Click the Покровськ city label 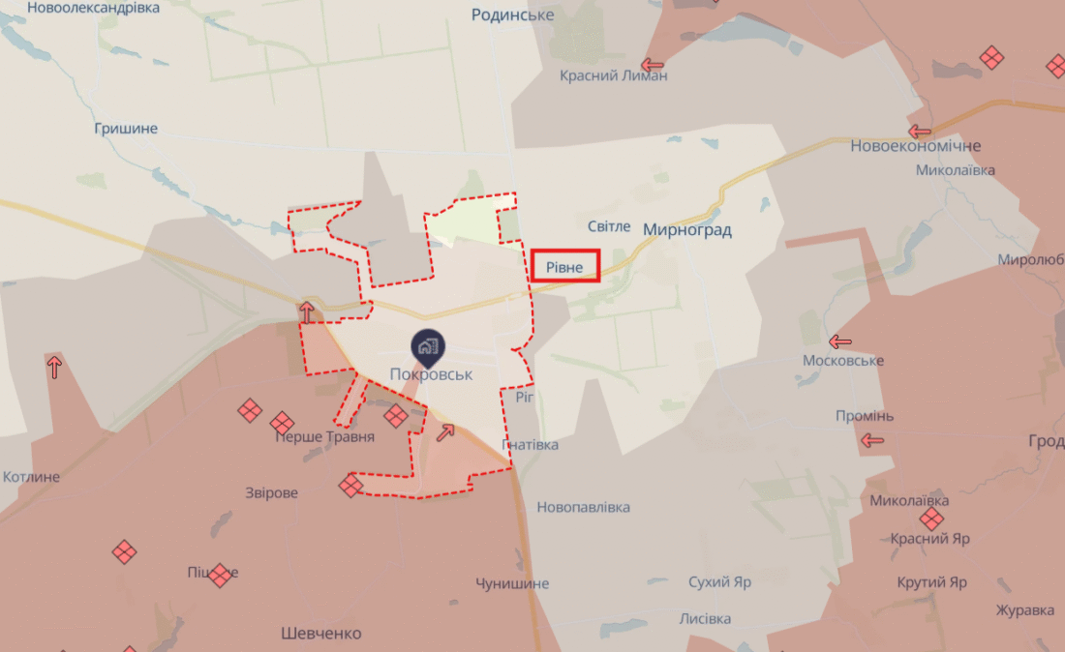(431, 374)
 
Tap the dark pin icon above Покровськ (427, 346)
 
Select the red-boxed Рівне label (565, 266)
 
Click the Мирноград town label (686, 229)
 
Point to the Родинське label (512, 15)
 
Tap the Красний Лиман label (613, 75)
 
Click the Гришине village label (126, 129)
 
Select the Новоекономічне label (915, 146)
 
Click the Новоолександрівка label (93, 8)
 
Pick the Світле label (609, 226)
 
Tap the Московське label (842, 361)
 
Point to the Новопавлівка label (583, 507)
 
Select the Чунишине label (512, 583)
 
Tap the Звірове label (271, 492)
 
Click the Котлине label (31, 477)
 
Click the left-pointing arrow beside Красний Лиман (653, 66)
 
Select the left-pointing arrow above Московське (840, 341)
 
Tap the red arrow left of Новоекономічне (919, 131)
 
